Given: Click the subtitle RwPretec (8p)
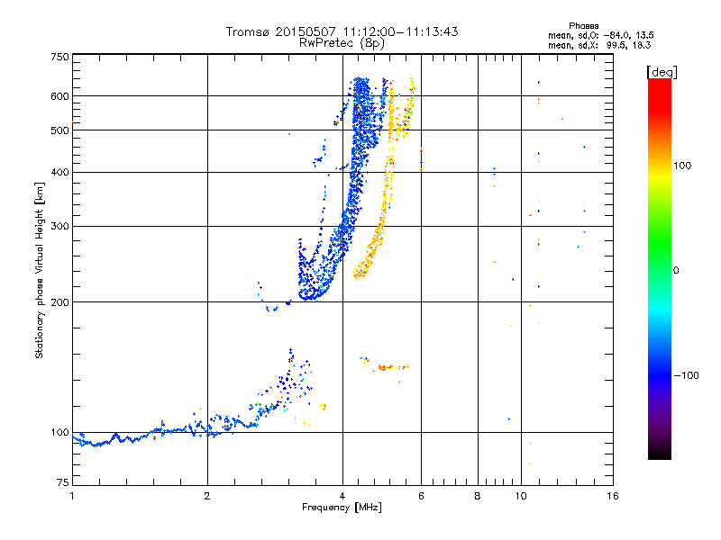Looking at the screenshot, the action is click(x=342, y=43).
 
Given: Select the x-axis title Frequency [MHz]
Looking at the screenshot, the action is click(x=342, y=508).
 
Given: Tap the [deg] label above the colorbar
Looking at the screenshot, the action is click(x=662, y=72).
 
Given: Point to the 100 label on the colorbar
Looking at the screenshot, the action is click(x=682, y=166).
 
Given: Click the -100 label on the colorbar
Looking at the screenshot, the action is click(x=686, y=375).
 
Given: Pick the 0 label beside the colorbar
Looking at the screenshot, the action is click(x=676, y=271).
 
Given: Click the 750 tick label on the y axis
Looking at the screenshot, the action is click(x=60, y=57).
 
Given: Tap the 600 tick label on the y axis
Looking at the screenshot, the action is click(x=60, y=96).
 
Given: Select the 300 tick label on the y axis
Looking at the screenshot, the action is click(x=60, y=227).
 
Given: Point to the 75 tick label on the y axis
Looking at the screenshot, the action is click(x=63, y=482).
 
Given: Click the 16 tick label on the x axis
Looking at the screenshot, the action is click(x=613, y=496).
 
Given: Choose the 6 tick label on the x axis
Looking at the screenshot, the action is click(x=421, y=496).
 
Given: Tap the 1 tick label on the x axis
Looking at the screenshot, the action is click(x=72, y=496).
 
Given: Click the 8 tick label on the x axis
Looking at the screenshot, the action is click(x=478, y=496).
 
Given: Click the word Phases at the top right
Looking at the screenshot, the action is click(x=583, y=26).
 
